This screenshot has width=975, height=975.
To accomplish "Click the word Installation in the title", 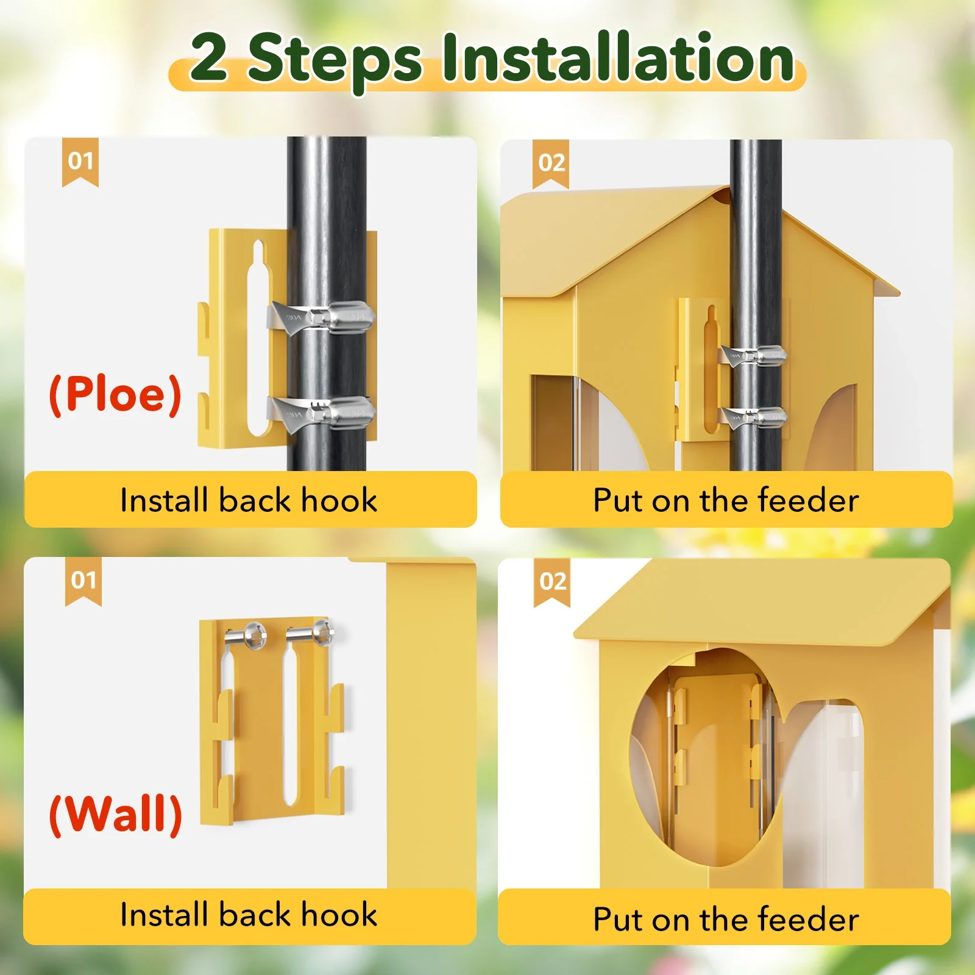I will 617,58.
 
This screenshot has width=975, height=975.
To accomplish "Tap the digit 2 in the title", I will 209,58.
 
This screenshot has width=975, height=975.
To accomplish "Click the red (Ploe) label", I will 115,394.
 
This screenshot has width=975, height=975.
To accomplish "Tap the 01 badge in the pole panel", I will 80,161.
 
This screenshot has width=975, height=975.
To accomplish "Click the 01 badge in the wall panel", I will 83,580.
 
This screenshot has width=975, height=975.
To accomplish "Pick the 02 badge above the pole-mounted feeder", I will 551,163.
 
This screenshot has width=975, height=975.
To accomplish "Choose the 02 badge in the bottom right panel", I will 552,581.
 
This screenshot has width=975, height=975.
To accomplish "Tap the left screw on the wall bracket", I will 247,636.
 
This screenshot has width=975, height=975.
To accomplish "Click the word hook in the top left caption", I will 339,500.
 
